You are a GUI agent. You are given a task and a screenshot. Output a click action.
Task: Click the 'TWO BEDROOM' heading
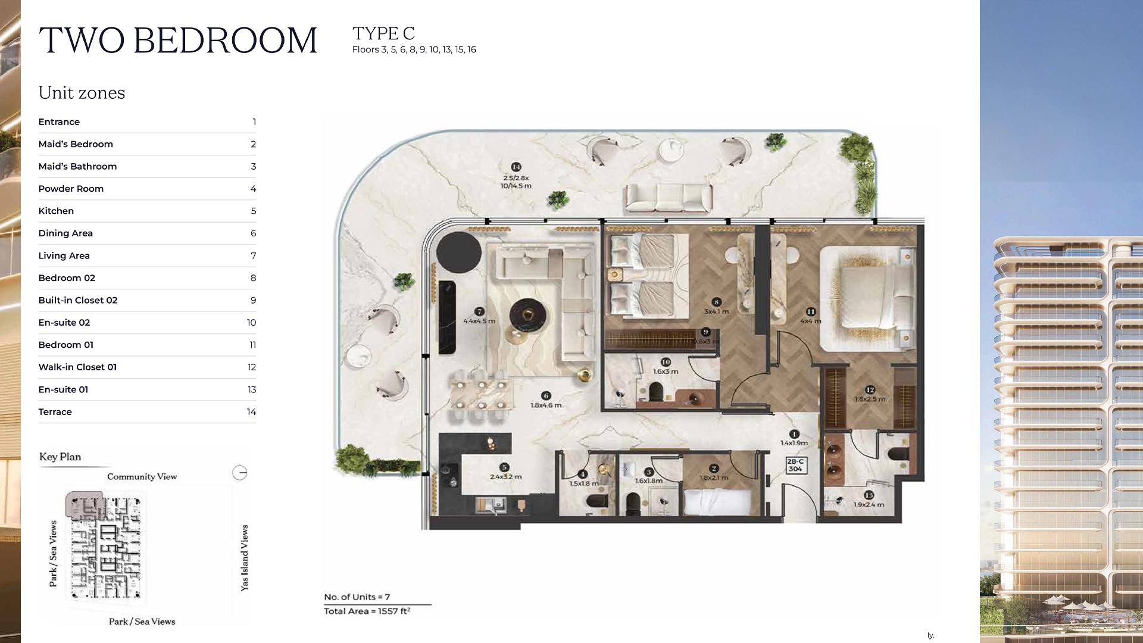[178, 40]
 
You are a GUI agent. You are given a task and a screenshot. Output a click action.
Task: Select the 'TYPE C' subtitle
[383, 33]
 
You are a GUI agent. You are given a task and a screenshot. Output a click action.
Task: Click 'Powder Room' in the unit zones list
[71, 189]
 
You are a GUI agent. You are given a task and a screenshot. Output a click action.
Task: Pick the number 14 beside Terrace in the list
[251, 412]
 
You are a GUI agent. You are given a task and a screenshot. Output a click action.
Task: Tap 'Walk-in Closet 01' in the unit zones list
[77, 367]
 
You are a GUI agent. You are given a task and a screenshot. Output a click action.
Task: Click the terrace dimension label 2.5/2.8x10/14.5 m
[516, 182]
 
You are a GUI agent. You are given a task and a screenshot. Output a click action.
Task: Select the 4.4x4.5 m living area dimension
[479, 321]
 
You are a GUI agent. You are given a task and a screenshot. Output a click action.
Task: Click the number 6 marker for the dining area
[546, 395]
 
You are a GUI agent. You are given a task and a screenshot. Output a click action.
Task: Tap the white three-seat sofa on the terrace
[669, 197]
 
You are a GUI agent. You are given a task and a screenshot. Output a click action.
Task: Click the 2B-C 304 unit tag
[795, 465]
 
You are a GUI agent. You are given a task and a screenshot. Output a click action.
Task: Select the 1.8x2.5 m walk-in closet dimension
[870, 399]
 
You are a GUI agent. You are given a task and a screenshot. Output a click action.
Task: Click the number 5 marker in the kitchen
[504, 467]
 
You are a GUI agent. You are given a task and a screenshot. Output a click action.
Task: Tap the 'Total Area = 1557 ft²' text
[367, 611]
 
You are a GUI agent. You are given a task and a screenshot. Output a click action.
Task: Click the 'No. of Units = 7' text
[357, 597]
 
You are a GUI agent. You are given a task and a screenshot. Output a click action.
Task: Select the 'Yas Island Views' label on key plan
[244, 558]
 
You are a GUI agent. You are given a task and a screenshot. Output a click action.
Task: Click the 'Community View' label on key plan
[142, 476]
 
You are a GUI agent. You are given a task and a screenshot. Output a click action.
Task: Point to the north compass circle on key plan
[239, 473]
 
